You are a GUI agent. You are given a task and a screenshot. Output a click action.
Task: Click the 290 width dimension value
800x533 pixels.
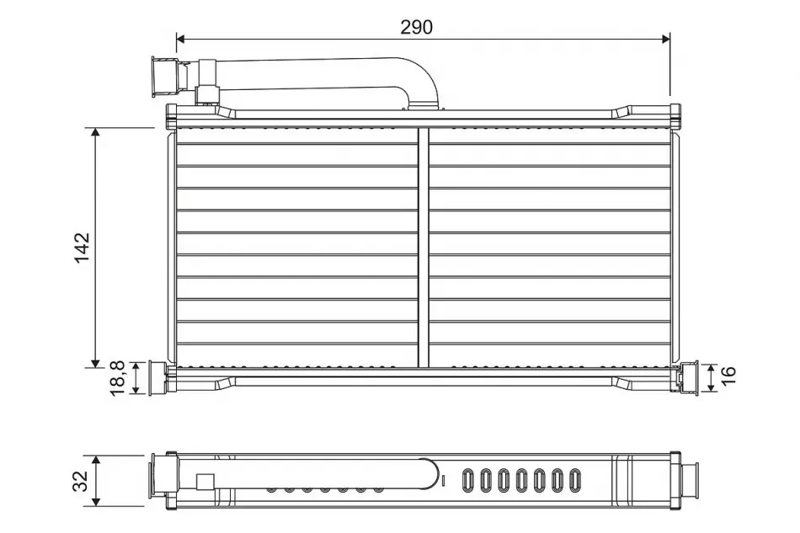(416, 27)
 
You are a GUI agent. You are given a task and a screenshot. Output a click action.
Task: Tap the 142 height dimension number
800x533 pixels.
(83, 248)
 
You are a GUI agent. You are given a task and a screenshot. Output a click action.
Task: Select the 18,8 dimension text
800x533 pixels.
(118, 378)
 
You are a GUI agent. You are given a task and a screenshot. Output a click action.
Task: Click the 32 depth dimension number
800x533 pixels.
(81, 481)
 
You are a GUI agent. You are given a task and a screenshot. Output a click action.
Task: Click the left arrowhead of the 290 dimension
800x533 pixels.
(179, 39)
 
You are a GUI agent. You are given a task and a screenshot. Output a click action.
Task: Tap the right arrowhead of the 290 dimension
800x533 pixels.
(666, 39)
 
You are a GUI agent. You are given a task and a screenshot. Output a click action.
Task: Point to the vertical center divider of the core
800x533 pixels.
(424, 247)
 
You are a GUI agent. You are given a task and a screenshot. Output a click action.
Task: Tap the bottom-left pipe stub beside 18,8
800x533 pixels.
(157, 377)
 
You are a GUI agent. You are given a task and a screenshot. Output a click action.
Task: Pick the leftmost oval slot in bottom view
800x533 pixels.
(468, 481)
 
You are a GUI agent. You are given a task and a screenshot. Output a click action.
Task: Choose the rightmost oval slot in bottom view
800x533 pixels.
(575, 481)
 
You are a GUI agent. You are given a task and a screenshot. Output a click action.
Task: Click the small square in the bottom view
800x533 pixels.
(205, 482)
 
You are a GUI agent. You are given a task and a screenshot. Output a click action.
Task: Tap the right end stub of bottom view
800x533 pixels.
(690, 481)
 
